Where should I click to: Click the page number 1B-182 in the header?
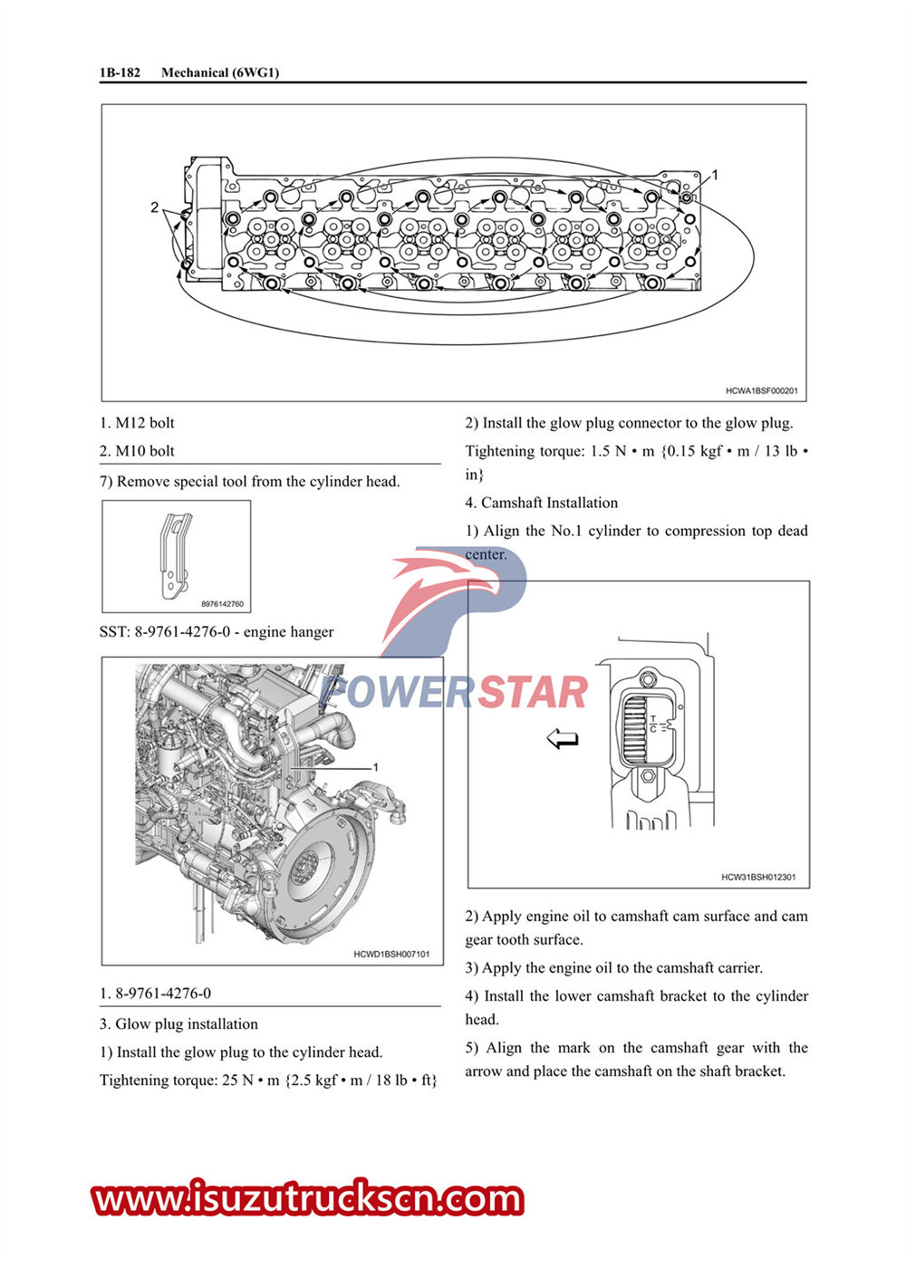coord(120,72)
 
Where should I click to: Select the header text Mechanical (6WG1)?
coord(220,72)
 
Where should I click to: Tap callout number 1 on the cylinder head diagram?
coord(714,175)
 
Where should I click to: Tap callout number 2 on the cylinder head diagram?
coord(155,207)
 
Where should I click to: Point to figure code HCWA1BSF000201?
coord(761,391)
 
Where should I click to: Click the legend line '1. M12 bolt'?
coord(137,423)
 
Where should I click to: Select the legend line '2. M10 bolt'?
coord(137,451)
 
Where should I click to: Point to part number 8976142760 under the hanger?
coord(222,604)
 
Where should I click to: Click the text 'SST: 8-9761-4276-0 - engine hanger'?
coord(217,632)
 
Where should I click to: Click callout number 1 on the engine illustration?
coord(375,767)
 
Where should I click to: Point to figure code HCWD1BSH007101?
coord(391,954)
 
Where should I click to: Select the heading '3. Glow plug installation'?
coord(178,1024)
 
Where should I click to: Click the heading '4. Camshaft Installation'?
coord(542,503)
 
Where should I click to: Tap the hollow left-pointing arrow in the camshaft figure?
coord(563,740)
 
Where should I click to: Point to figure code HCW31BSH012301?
coord(758,877)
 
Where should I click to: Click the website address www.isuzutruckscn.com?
coord(308,1199)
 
